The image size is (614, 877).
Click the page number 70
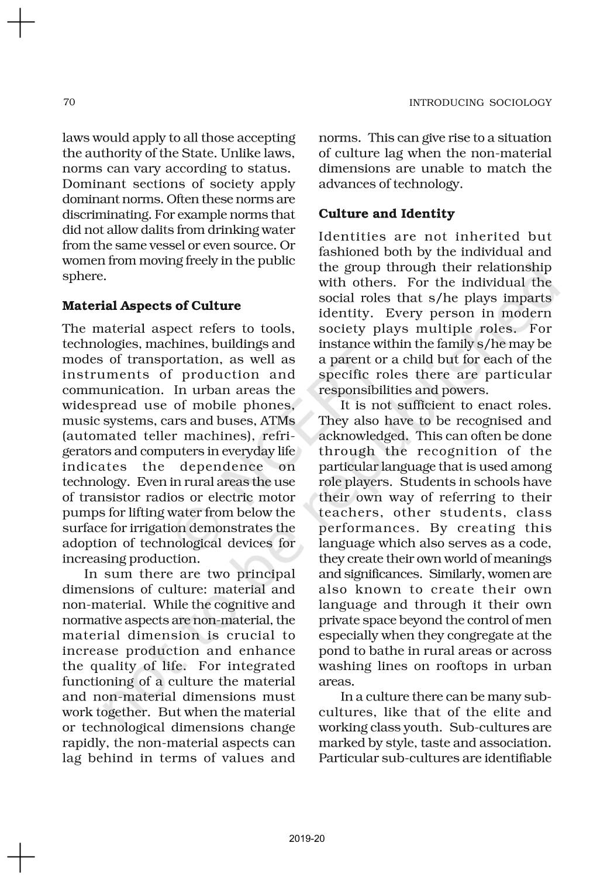click(69, 102)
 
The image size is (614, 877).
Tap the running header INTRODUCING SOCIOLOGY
click(480, 103)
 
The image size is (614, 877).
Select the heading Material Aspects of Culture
click(151, 306)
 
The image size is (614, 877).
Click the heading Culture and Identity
click(387, 214)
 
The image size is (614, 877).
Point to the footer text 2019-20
click(307, 839)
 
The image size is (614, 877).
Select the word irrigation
click(152, 528)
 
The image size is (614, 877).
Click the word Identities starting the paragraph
click(353, 237)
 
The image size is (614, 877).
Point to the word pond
click(330, 651)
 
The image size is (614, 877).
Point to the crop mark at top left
click(21, 23)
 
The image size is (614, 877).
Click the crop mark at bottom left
click(21, 857)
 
